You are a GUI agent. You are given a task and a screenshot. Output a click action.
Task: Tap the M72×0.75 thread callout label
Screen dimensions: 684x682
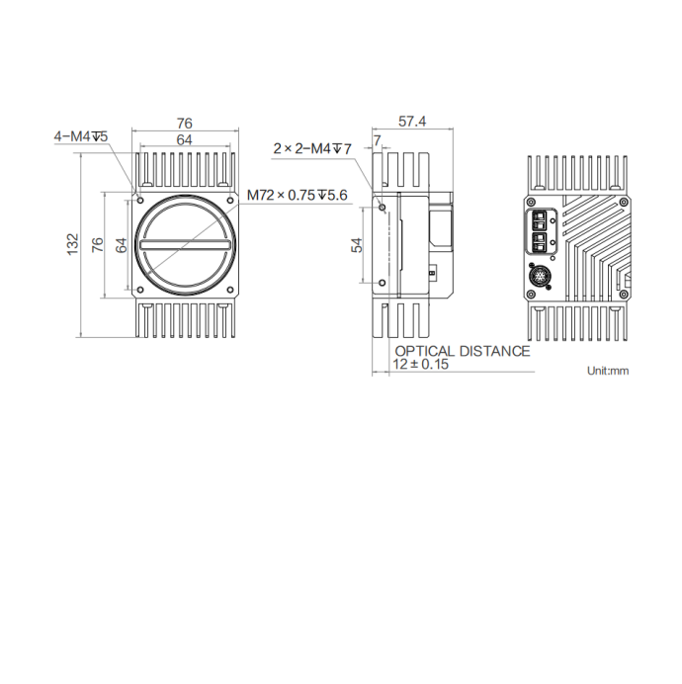(x=298, y=195)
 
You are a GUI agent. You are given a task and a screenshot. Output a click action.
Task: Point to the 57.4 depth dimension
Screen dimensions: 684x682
(x=411, y=122)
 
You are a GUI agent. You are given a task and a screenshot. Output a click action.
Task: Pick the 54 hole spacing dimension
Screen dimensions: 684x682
(x=358, y=244)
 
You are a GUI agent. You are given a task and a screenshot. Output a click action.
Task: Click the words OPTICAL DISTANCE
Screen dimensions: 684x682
(x=462, y=351)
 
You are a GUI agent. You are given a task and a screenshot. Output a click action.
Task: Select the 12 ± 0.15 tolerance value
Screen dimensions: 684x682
(x=421, y=365)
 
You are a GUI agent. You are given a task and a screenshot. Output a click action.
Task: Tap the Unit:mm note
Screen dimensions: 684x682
(x=607, y=371)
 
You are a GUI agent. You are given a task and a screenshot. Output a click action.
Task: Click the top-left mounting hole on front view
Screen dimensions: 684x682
(x=139, y=193)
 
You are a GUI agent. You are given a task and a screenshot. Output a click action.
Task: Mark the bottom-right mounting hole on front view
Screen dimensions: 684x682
(x=231, y=291)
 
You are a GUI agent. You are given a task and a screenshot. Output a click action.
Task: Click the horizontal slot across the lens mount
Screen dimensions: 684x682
(x=186, y=244)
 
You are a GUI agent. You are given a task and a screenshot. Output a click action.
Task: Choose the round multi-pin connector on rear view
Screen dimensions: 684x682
(x=541, y=272)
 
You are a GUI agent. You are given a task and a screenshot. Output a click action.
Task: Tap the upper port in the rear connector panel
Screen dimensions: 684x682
(x=540, y=218)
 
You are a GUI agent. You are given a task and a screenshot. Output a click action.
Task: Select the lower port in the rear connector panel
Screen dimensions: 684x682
(x=540, y=240)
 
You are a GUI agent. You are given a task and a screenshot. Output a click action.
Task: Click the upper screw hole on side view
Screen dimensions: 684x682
(x=383, y=208)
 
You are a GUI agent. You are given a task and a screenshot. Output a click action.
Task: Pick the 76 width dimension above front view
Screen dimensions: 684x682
(x=184, y=124)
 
